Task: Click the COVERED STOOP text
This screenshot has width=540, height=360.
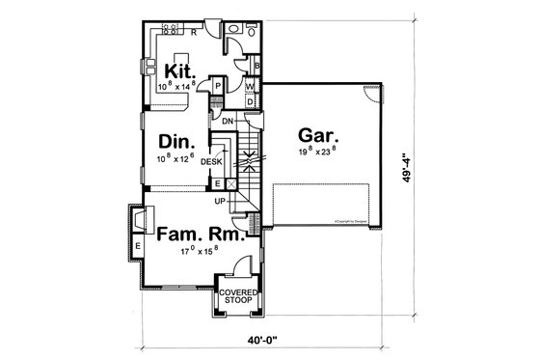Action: [236, 296]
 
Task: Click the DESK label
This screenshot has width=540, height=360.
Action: [212, 161]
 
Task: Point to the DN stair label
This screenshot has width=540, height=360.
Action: [229, 121]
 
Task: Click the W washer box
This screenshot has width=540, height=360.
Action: [251, 86]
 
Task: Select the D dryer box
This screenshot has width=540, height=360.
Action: [251, 101]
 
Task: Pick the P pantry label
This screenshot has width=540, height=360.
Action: [219, 86]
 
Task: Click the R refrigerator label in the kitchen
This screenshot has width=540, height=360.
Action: [194, 32]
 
